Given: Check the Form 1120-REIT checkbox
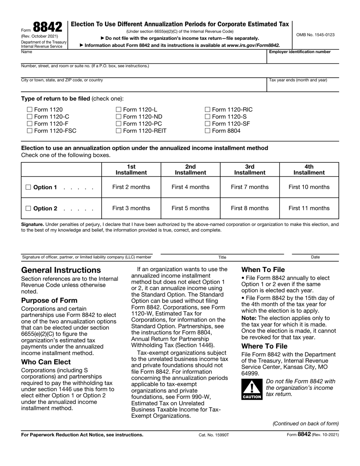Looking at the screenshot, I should [x=118, y=131].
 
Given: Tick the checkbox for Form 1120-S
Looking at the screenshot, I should [x=207, y=117].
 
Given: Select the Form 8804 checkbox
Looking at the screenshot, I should [x=207, y=131].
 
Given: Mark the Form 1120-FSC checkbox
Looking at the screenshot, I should [x=30, y=131].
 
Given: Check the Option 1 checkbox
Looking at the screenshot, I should [x=28, y=187].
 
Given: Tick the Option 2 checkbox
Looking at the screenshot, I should [x=28, y=209].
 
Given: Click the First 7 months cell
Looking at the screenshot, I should [x=249, y=187].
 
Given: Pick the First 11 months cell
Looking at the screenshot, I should [x=309, y=208].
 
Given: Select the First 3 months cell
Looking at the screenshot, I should [x=131, y=208].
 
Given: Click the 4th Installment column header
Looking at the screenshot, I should [x=309, y=169].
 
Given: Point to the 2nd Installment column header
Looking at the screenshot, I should [x=190, y=169].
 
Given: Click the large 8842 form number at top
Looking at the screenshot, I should [x=47, y=27].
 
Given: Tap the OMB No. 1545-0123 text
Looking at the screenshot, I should [x=315, y=35].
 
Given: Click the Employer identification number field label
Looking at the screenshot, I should [x=299, y=52].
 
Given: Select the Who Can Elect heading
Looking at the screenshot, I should [x=46, y=362].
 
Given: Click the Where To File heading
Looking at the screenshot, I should [x=264, y=346].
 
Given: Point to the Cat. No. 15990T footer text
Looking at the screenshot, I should [x=214, y=435].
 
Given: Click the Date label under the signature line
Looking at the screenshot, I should [x=315, y=257].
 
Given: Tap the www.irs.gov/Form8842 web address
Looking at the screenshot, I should [x=253, y=45].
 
